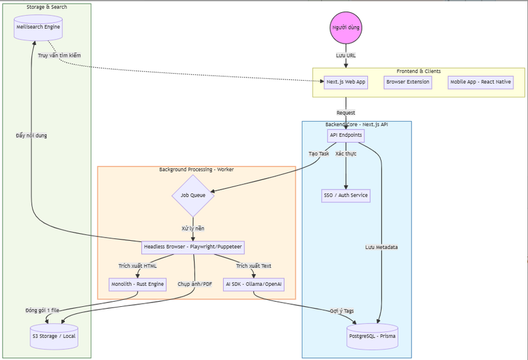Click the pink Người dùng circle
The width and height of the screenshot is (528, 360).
point(346,28)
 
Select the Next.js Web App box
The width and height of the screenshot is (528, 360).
point(346,82)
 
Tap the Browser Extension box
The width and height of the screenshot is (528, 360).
point(408,82)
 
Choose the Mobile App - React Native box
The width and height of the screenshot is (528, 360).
point(480,82)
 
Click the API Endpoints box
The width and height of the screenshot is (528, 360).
point(346,135)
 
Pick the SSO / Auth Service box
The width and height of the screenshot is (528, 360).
point(346,195)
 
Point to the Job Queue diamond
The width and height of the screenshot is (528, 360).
point(193,195)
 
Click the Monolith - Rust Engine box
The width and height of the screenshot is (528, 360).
point(138,284)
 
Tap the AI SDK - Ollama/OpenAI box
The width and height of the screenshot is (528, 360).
point(254,284)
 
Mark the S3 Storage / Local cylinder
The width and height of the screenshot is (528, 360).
point(54,336)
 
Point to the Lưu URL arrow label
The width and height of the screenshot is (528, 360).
point(346,55)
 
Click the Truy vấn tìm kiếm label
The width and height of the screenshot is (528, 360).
point(60,55)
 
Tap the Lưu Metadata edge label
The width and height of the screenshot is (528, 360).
point(382,247)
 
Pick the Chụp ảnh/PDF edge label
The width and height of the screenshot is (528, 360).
point(195,284)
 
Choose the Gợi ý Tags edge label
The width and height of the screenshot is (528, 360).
point(341,311)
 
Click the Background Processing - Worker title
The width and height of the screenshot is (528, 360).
point(196,170)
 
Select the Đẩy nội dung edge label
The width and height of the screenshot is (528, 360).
point(31,135)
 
